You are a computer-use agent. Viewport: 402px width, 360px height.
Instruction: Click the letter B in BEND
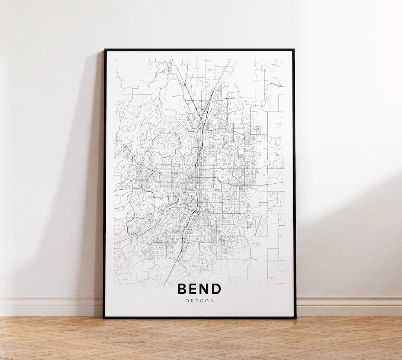tap(182, 289)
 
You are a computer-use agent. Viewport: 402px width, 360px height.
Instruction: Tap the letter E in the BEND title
tap(193, 289)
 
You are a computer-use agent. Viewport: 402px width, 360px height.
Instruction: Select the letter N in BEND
tap(204, 289)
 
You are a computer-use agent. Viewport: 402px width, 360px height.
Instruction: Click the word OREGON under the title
tap(200, 301)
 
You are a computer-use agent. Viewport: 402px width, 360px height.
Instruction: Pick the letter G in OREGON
tap(202, 301)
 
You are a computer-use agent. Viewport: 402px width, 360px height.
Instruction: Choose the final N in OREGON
tap(213, 301)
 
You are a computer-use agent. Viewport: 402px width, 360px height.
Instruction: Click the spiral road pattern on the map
tap(223, 177)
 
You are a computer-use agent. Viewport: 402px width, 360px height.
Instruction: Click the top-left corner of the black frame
tap(105, 50)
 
